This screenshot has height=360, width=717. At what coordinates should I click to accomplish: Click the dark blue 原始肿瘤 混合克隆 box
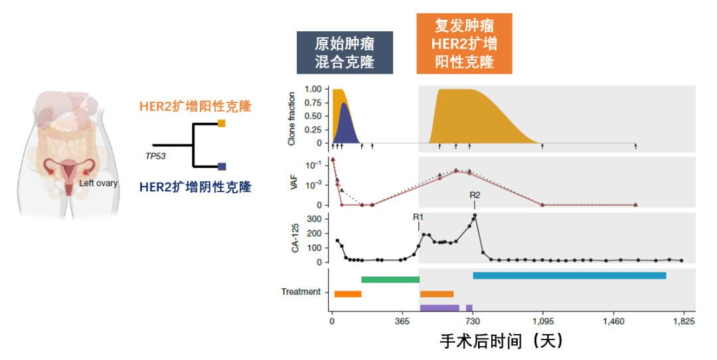(345, 53)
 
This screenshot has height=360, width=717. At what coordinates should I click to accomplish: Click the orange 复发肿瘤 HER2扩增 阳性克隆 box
(464, 44)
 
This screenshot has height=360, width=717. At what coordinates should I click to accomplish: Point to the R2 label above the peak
(475, 195)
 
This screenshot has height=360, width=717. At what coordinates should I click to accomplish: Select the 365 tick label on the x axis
(402, 321)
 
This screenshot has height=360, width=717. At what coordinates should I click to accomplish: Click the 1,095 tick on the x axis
(543, 321)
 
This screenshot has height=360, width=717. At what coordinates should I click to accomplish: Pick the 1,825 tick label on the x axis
(684, 321)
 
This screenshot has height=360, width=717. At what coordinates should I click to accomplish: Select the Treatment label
(301, 292)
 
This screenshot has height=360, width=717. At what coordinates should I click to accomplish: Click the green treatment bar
(390, 280)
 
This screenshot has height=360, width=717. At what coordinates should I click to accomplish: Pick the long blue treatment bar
(569, 276)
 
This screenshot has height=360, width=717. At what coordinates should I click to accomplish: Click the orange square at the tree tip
(222, 124)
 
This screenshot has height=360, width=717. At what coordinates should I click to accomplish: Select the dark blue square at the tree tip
(222, 167)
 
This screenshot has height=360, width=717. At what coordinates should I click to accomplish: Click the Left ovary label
(99, 183)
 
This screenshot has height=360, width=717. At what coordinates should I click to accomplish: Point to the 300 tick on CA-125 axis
(315, 219)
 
